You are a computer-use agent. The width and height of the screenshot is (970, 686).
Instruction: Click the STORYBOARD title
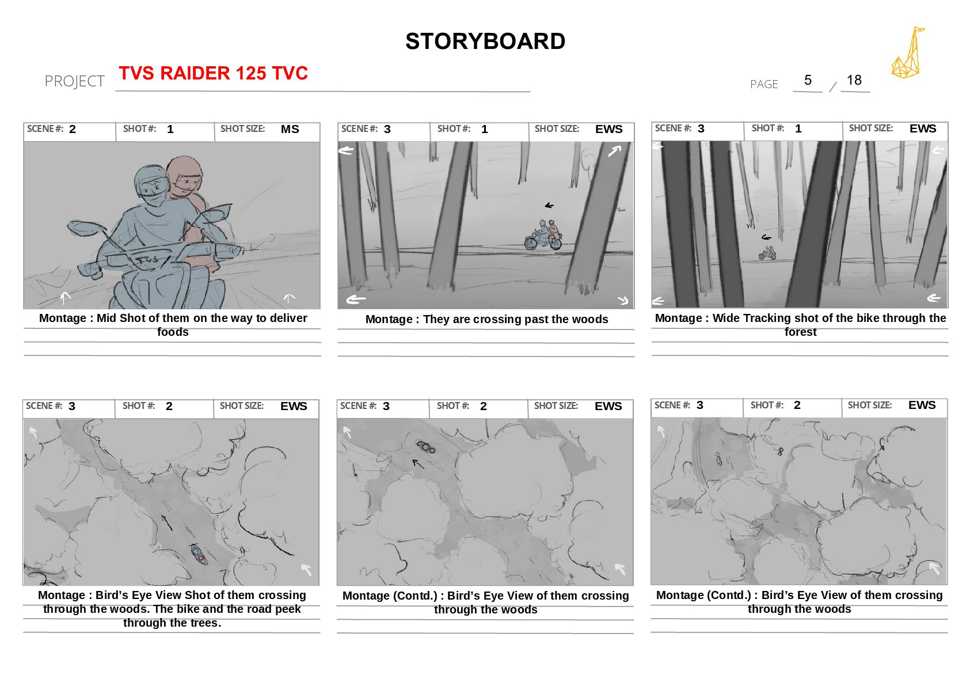point(485,41)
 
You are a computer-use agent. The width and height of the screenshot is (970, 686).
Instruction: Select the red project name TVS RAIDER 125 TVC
point(213,73)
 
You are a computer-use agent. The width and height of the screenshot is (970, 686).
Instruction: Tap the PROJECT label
point(74,81)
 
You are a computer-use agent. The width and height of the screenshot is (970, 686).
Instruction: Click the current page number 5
point(808,80)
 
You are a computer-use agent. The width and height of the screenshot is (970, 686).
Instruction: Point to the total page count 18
point(854,80)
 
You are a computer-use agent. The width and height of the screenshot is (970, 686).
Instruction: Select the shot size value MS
point(290,129)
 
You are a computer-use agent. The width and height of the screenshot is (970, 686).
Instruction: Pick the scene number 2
point(73,129)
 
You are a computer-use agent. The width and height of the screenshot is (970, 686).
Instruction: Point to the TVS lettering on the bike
point(147,259)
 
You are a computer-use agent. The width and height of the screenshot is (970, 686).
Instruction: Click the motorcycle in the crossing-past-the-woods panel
point(543,236)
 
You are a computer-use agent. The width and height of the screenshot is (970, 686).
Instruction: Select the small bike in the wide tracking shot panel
point(767,253)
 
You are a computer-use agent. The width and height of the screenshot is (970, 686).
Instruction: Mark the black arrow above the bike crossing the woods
point(549,206)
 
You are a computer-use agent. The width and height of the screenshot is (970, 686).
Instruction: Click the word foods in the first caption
point(173,332)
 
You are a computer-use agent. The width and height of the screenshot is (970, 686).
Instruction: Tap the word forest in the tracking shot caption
point(800,332)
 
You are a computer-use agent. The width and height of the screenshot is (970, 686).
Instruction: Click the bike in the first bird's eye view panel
point(199,555)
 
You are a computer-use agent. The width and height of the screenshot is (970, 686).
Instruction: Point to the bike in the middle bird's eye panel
point(425,447)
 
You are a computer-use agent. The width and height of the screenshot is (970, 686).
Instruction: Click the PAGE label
point(764,84)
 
